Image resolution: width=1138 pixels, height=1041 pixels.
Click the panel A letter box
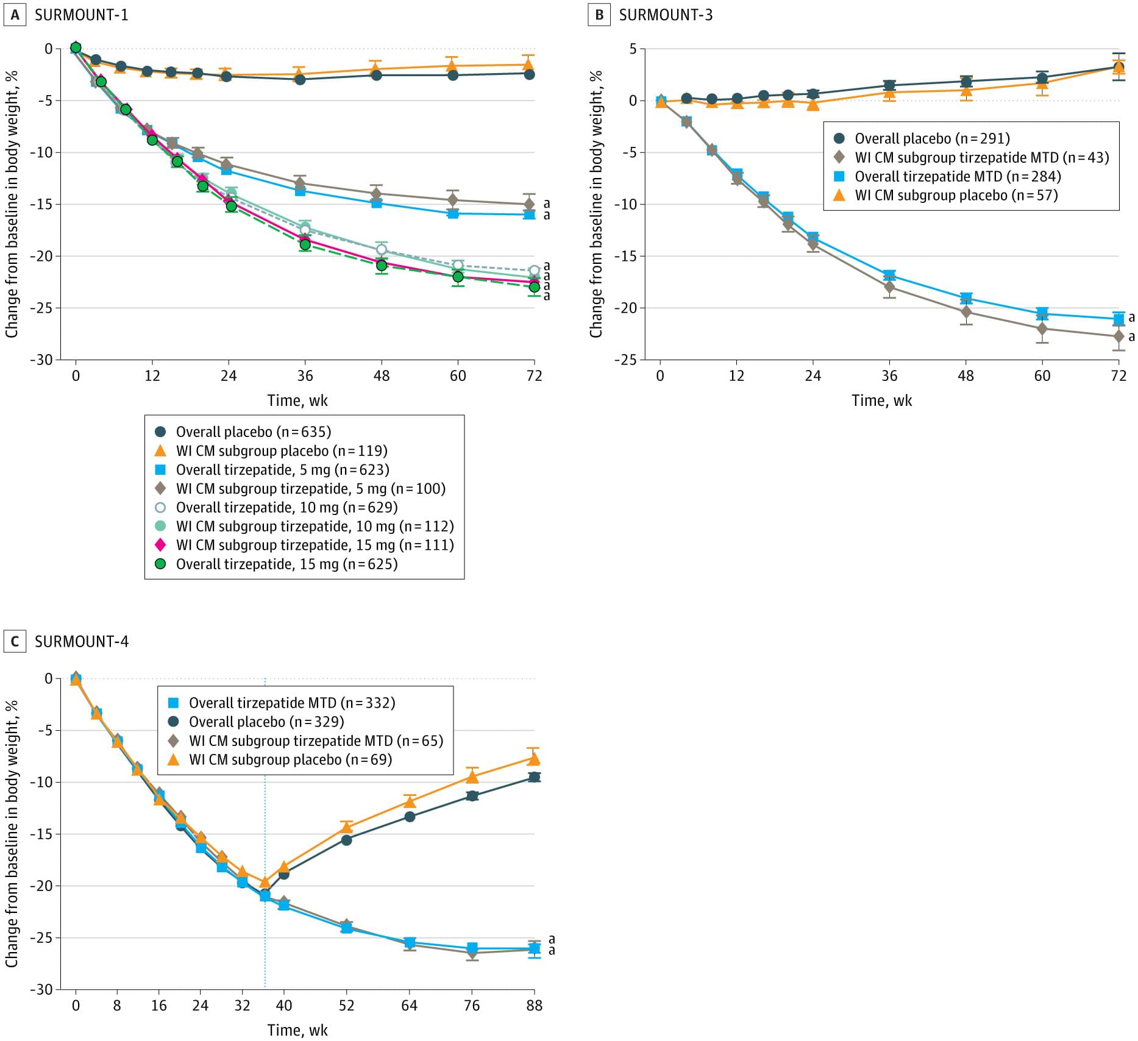coord(15,15)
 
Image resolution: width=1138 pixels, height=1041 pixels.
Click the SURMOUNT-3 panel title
coord(666,15)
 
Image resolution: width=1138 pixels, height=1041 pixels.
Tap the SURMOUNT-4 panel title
coord(82,642)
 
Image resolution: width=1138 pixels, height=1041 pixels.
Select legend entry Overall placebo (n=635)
coord(253,432)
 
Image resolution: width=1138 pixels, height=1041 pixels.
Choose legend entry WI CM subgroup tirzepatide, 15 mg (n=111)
coord(315,545)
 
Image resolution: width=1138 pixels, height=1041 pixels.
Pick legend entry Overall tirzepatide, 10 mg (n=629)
coord(286,508)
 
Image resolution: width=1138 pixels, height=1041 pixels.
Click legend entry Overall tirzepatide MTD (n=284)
coord(957,177)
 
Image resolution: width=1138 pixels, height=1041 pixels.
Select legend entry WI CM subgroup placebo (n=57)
coord(956,196)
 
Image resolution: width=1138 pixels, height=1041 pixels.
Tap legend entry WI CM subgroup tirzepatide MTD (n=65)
coord(316,741)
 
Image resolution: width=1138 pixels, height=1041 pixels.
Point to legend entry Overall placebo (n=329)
coord(266,722)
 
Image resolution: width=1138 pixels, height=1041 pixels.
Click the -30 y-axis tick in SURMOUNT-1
coord(41,360)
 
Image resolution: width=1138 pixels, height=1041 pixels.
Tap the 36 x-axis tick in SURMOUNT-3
coord(889,376)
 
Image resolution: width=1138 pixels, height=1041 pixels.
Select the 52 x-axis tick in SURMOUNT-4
coord(346,1006)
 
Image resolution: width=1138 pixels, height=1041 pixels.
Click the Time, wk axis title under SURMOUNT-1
coord(297,401)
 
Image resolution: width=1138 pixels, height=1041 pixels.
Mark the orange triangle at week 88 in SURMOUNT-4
coord(534,759)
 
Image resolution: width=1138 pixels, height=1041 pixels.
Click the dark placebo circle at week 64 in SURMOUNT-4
coord(410,817)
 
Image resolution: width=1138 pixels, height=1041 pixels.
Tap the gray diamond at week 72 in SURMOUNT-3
coord(1118,336)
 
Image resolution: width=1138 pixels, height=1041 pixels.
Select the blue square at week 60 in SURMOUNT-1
coord(453,213)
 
